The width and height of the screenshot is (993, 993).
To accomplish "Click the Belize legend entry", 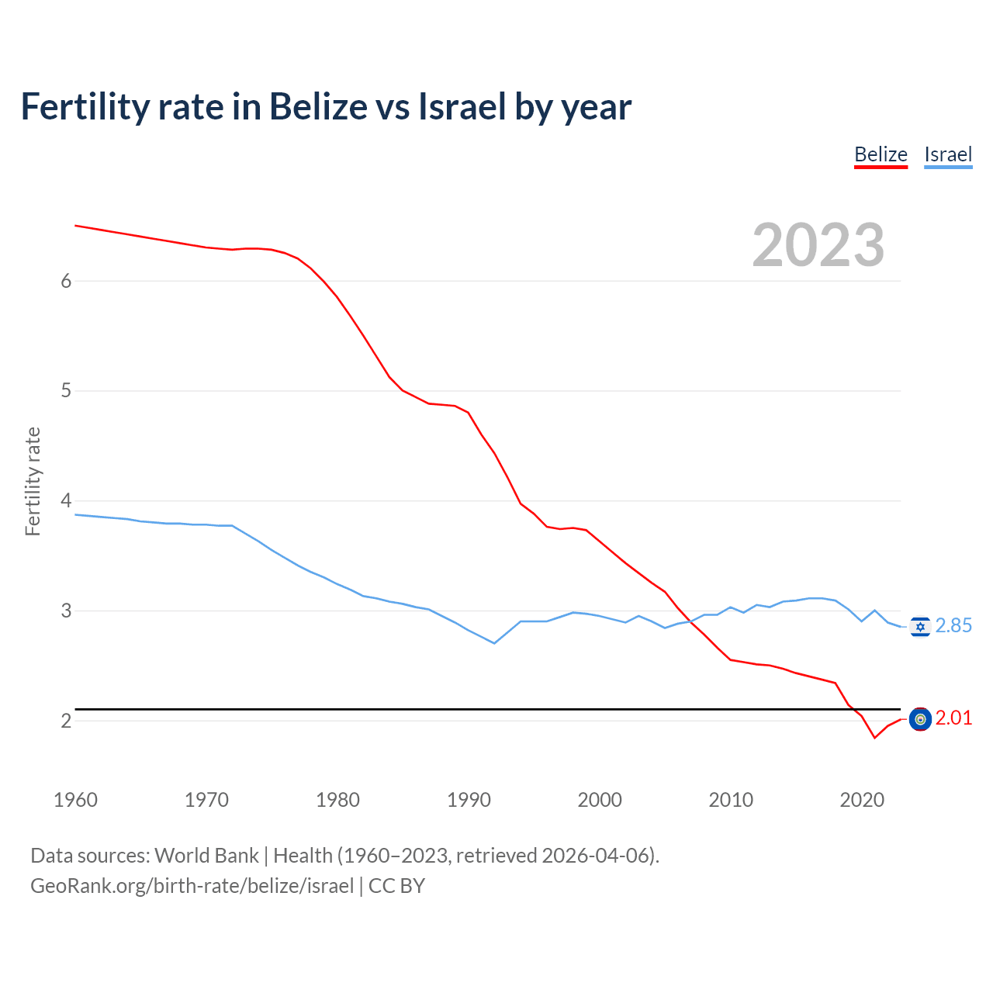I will [x=881, y=154].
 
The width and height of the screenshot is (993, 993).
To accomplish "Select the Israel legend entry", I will [x=948, y=154].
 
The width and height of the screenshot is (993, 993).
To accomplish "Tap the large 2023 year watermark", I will [x=818, y=245].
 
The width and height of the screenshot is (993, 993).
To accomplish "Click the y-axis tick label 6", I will [x=66, y=281].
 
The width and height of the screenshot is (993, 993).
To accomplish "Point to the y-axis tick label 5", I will [x=66, y=391].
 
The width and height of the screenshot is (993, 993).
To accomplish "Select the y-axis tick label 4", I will [x=66, y=501].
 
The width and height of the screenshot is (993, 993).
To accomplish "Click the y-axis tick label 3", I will [x=66, y=611].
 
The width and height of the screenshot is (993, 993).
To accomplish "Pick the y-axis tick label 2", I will [x=66, y=721].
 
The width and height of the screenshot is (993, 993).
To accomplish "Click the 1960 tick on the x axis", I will [x=75, y=800].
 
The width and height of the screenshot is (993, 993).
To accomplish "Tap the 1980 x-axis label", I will [x=337, y=800].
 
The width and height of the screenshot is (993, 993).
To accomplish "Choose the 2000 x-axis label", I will [x=600, y=800].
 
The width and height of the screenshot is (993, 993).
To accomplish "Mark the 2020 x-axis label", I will [x=862, y=800].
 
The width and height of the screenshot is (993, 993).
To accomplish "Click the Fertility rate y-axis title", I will [x=33, y=481].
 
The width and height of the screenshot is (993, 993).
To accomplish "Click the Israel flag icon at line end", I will [x=920, y=627].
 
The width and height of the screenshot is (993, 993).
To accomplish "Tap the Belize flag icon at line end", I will [x=920, y=719].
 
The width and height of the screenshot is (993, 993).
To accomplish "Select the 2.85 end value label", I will [x=953, y=626].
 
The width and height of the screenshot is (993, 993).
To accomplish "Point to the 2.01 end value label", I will [x=953, y=718].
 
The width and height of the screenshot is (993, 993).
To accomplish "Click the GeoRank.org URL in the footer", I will [x=192, y=885].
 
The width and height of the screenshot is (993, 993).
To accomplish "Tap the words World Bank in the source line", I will [x=206, y=856].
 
